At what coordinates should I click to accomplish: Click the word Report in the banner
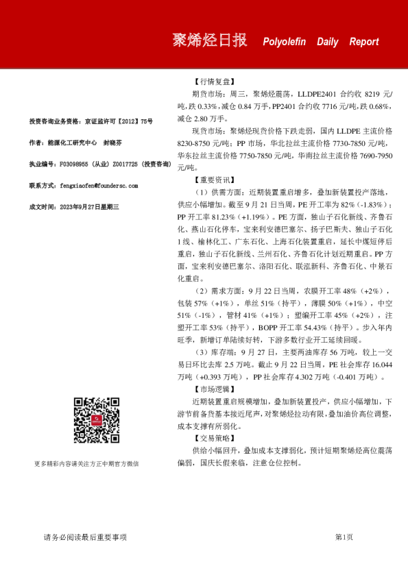pos(363,42)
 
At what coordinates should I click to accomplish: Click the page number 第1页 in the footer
pos(344,537)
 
